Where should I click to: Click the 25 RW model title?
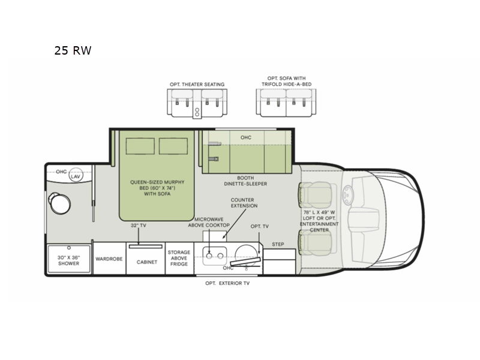pyautogui.click(x=73, y=50)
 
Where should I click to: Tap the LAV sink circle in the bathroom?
pyautogui.click(x=76, y=175)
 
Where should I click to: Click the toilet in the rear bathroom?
pyautogui.click(x=59, y=203)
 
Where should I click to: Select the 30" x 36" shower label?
pyautogui.click(x=68, y=260)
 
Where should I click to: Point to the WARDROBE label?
pyautogui.click(x=109, y=259)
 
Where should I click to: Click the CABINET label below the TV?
pyautogui.click(x=147, y=262)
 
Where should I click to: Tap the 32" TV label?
pyautogui.click(x=139, y=226)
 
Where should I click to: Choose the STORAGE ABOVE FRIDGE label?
pyautogui.click(x=179, y=258)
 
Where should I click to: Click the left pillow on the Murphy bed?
pyautogui.click(x=140, y=146)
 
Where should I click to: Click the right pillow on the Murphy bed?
pyautogui.click(x=173, y=146)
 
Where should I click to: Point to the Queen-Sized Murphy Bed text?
pyautogui.click(x=157, y=188)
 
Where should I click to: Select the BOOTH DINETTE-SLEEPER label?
pyautogui.click(x=245, y=181)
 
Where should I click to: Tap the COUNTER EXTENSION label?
pyautogui.click(x=244, y=203)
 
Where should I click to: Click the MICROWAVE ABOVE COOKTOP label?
pyautogui.click(x=209, y=222)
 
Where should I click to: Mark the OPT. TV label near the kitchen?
pyautogui.click(x=260, y=227)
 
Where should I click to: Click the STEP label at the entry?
pyautogui.click(x=278, y=244)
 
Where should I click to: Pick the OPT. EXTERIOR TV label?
pyautogui.click(x=227, y=283)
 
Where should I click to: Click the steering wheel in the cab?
pyautogui.click(x=348, y=194)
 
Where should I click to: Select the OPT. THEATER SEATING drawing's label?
pyautogui.click(x=197, y=85)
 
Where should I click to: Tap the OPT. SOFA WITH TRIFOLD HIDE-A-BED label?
pyautogui.click(x=287, y=81)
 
